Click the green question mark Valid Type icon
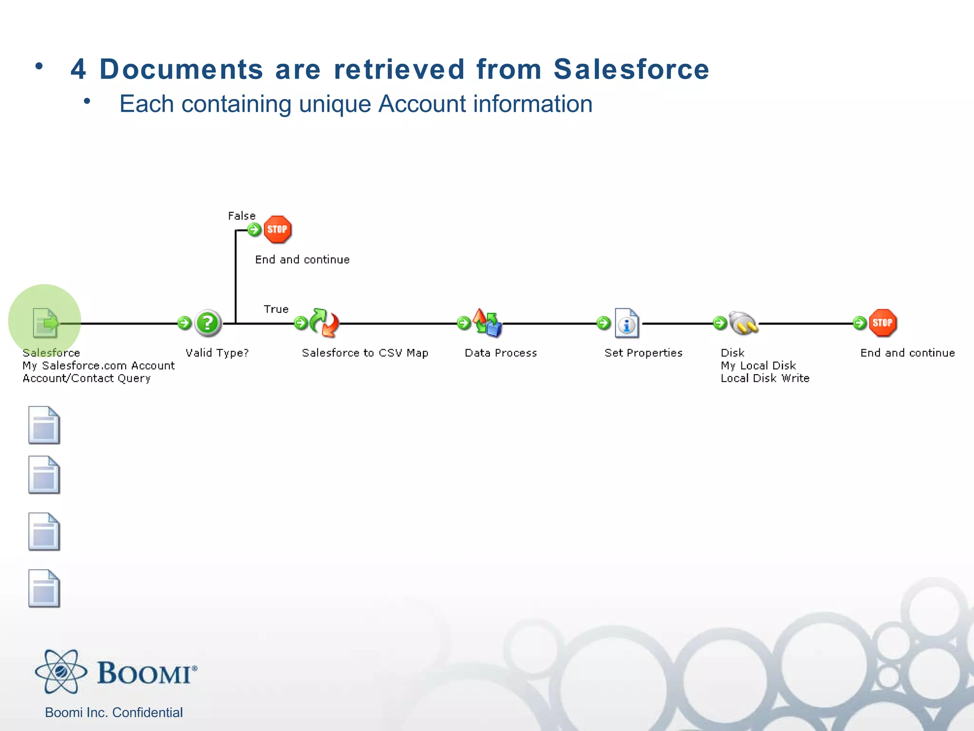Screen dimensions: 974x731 tap(207, 323)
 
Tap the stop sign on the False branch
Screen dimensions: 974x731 tap(277, 229)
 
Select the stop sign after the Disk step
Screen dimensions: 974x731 tap(882, 323)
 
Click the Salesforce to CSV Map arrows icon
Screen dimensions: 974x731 tap(324, 323)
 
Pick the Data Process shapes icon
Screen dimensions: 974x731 tap(487, 323)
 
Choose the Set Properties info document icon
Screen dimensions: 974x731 tap(626, 323)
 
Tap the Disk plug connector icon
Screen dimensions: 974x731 tap(743, 323)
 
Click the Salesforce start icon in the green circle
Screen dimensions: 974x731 tap(45, 323)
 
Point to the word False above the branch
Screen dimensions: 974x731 tap(242, 216)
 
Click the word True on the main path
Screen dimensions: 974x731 tap(276, 309)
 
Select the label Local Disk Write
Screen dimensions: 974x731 tap(765, 378)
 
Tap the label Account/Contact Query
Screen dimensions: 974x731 tap(87, 378)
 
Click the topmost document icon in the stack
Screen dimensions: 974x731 tap(44, 425)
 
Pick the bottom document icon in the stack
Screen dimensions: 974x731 tap(44, 588)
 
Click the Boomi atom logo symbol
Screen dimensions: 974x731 tap(61, 672)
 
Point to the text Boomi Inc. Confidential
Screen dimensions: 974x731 tap(114, 712)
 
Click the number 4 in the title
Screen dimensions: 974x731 tap(78, 69)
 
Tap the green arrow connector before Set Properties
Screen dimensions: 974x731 tap(603, 323)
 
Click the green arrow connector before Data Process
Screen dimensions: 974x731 tap(463, 323)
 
